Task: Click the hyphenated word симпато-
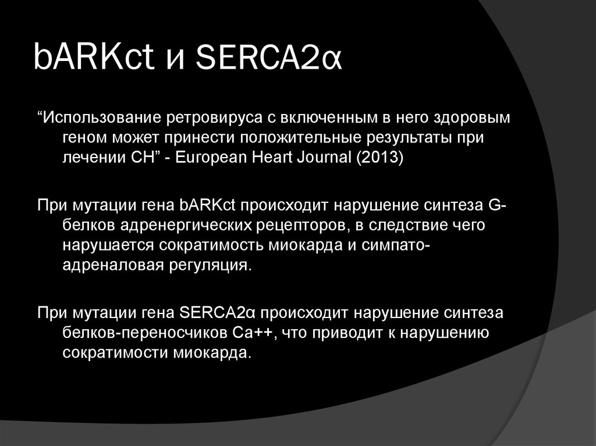[x=397, y=245]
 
